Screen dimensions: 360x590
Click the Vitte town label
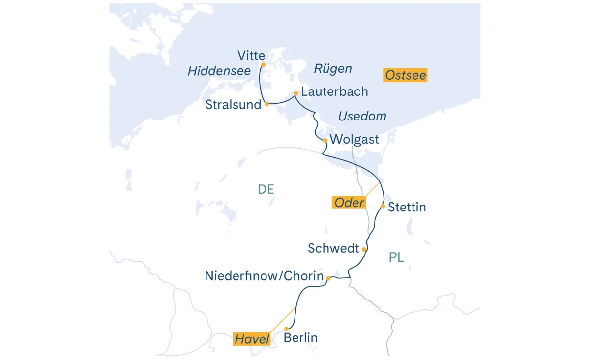click(x=251, y=55)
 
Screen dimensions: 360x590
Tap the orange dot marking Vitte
click(x=263, y=64)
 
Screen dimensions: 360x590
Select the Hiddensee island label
click(x=219, y=71)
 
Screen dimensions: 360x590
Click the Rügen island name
click(x=333, y=69)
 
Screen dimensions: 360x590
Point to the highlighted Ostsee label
click(x=405, y=75)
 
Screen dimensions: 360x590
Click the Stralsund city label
click(x=233, y=105)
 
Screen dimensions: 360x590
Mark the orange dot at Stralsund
click(x=266, y=104)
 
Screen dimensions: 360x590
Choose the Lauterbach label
click(x=334, y=92)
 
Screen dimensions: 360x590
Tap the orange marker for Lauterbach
click(x=296, y=93)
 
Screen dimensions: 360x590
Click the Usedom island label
click(x=362, y=117)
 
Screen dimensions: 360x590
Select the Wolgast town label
click(x=354, y=140)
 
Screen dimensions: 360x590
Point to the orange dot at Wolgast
click(x=325, y=140)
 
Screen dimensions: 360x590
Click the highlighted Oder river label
click(x=349, y=202)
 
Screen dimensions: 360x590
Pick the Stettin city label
click(x=407, y=207)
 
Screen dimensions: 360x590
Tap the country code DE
click(x=265, y=189)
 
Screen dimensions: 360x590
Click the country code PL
click(x=396, y=257)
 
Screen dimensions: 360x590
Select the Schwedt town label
click(x=333, y=249)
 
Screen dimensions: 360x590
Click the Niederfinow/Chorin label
click(x=264, y=276)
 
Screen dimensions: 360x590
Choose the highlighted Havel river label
click(x=252, y=339)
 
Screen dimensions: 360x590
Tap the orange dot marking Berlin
click(x=286, y=329)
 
